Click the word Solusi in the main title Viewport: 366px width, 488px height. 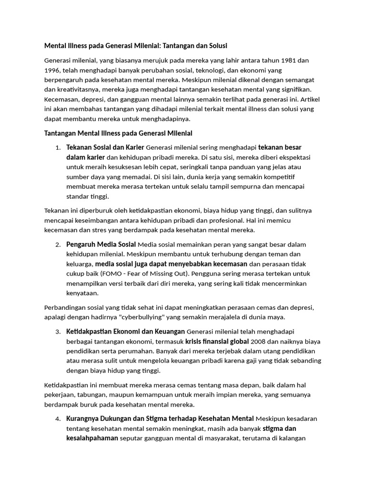pyautogui.click(x=216, y=46)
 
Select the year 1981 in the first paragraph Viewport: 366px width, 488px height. pyautogui.click(x=291, y=61)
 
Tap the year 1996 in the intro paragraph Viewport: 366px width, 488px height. pyautogui.click(x=53, y=70)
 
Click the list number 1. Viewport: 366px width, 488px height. pyautogui.click(x=58, y=147)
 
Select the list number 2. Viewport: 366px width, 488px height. pyautogui.click(x=58, y=245)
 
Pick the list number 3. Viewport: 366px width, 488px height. pyautogui.click(x=58, y=332)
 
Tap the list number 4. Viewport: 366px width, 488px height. pyautogui.click(x=58, y=419)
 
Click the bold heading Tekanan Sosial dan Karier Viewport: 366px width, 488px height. pyautogui.click(x=105, y=147)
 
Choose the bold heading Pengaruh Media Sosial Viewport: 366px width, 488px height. pyautogui.click(x=101, y=244)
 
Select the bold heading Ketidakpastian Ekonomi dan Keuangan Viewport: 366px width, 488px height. pyautogui.click(x=126, y=331)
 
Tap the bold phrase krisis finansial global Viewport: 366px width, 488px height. pyautogui.click(x=217, y=341)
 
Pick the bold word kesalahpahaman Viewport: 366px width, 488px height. pyautogui.click(x=92, y=438)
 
